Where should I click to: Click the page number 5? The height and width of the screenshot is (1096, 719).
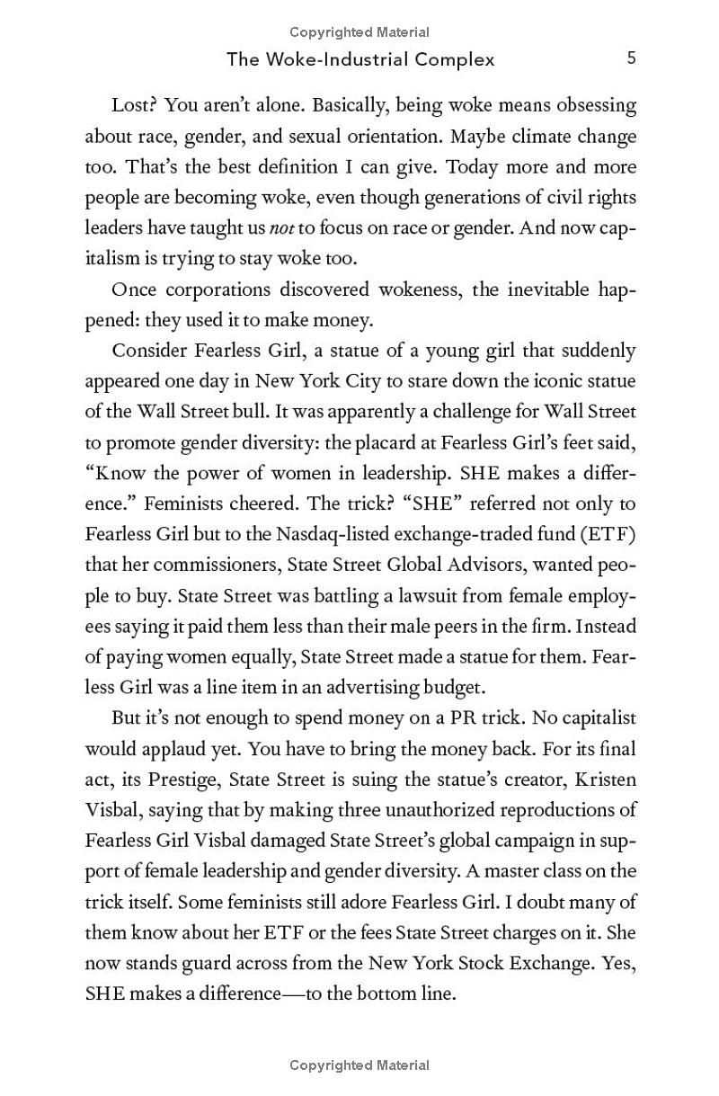(x=631, y=58)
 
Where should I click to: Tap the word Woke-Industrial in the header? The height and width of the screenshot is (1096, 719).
(x=335, y=59)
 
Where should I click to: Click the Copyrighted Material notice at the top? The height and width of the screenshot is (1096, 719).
(x=359, y=32)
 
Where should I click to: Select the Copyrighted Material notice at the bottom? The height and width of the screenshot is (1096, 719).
(x=359, y=1065)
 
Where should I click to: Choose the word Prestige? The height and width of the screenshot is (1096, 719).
(x=201, y=778)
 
